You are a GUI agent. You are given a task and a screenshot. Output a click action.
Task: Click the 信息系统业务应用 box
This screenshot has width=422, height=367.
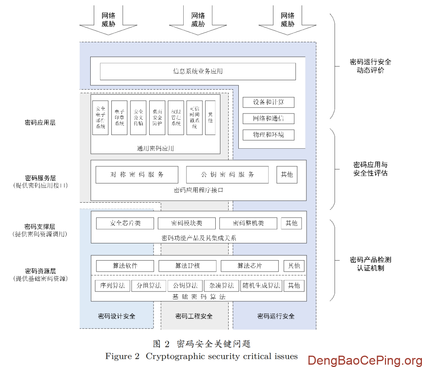(x=198, y=71)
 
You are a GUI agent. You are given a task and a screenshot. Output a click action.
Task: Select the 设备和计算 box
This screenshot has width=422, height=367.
(x=268, y=102)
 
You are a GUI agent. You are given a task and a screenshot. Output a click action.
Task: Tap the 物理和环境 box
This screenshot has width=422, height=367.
(x=268, y=135)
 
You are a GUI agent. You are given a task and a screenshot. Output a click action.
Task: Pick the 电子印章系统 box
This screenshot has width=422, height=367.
(x=119, y=118)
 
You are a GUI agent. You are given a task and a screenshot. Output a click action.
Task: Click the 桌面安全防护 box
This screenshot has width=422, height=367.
(x=157, y=118)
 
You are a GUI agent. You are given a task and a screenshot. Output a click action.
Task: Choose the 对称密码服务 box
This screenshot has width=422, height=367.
(x=137, y=175)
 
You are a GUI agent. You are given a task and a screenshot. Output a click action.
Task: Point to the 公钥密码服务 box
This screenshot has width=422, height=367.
(x=227, y=175)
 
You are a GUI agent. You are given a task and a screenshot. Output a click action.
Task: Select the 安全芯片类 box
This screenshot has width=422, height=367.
(x=125, y=223)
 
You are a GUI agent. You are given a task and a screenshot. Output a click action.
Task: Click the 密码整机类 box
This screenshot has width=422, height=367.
(x=248, y=223)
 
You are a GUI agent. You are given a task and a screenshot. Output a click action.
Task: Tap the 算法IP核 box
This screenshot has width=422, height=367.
(x=187, y=266)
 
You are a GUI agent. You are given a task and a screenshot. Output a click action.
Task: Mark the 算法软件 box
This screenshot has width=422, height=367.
(x=125, y=266)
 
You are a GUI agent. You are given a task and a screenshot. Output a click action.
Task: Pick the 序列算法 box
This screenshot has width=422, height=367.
(x=112, y=286)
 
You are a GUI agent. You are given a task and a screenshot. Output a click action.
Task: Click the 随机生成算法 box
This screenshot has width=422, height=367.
(x=261, y=286)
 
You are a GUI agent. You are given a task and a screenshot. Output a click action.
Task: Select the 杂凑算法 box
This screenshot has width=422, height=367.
(x=221, y=286)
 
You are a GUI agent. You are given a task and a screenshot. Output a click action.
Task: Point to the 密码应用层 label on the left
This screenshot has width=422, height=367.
(x=40, y=122)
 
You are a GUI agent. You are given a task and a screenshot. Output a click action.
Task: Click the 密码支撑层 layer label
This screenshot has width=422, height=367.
(x=40, y=227)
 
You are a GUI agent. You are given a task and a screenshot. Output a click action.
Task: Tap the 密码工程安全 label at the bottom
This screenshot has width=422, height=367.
(x=194, y=316)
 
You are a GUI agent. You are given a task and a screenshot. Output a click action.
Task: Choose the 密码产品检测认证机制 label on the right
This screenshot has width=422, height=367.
(x=370, y=264)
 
